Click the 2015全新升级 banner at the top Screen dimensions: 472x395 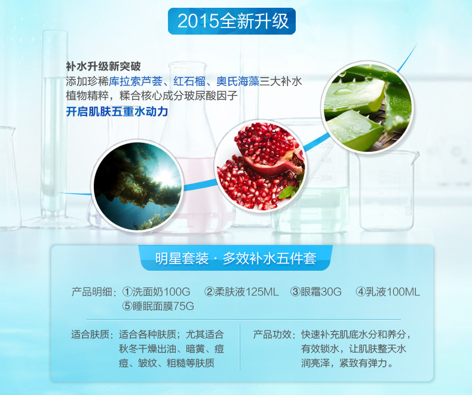(x=232, y=21)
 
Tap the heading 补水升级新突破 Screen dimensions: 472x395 (x=103, y=66)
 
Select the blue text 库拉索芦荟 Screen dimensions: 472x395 (x=136, y=81)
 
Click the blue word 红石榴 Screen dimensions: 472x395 (x=189, y=81)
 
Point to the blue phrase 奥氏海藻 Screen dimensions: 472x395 (x=238, y=81)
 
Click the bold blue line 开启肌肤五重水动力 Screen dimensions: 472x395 (x=117, y=111)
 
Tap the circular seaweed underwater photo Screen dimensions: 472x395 (x=138, y=186)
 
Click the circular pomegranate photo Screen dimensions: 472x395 (x=260, y=166)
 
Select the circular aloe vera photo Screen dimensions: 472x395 (x=367, y=107)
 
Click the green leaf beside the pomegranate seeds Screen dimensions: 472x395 (x=287, y=191)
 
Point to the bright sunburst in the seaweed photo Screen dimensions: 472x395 (x=164, y=176)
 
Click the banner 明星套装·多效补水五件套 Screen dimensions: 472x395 (x=235, y=258)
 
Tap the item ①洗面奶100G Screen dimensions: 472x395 (x=156, y=292)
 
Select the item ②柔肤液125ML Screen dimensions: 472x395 (x=241, y=292)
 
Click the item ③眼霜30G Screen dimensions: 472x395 (x=316, y=292)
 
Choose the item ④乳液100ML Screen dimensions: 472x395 (x=388, y=292)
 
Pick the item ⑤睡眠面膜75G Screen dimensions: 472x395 (x=158, y=306)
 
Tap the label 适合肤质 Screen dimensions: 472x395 (x=92, y=335)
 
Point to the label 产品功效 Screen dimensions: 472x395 (x=274, y=335)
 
